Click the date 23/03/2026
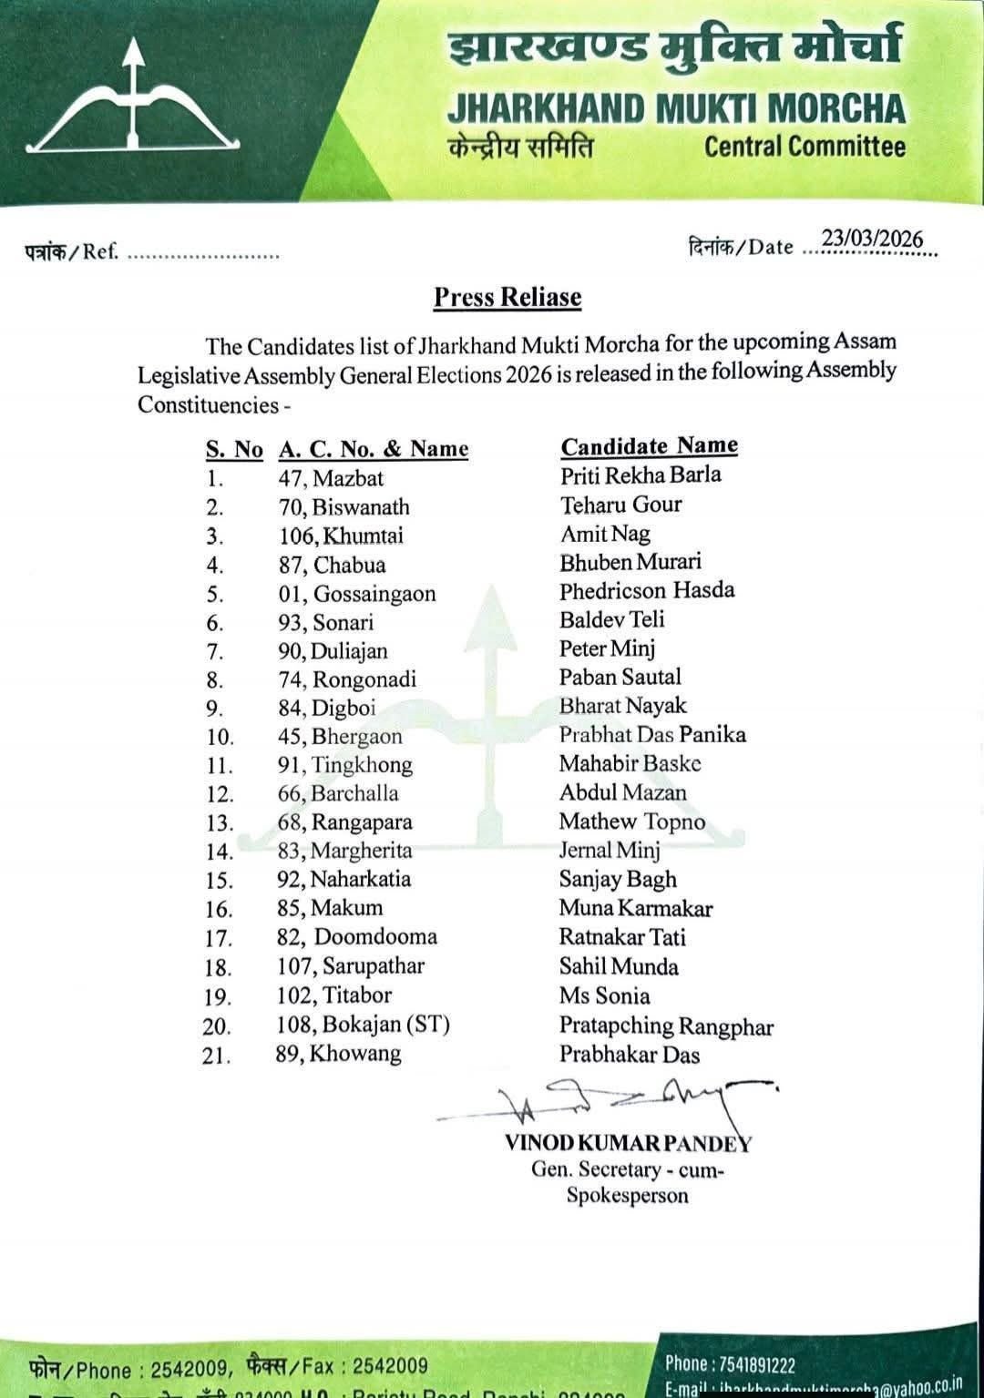point(873,239)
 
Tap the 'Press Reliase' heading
point(507,297)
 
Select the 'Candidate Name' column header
point(649,445)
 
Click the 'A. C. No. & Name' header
point(374,449)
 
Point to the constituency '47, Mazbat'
point(331,478)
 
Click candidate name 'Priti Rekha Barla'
point(641,475)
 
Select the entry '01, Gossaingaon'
point(357,594)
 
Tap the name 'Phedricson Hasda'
point(647,590)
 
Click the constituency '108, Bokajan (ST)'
point(364,1025)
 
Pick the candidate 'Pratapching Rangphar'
point(666,1026)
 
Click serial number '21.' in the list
point(217,1056)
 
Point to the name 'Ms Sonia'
point(605,995)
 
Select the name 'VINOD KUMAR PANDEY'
point(628,1143)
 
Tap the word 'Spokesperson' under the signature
point(627,1196)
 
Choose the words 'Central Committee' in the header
point(805,147)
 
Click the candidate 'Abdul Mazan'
point(623,792)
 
